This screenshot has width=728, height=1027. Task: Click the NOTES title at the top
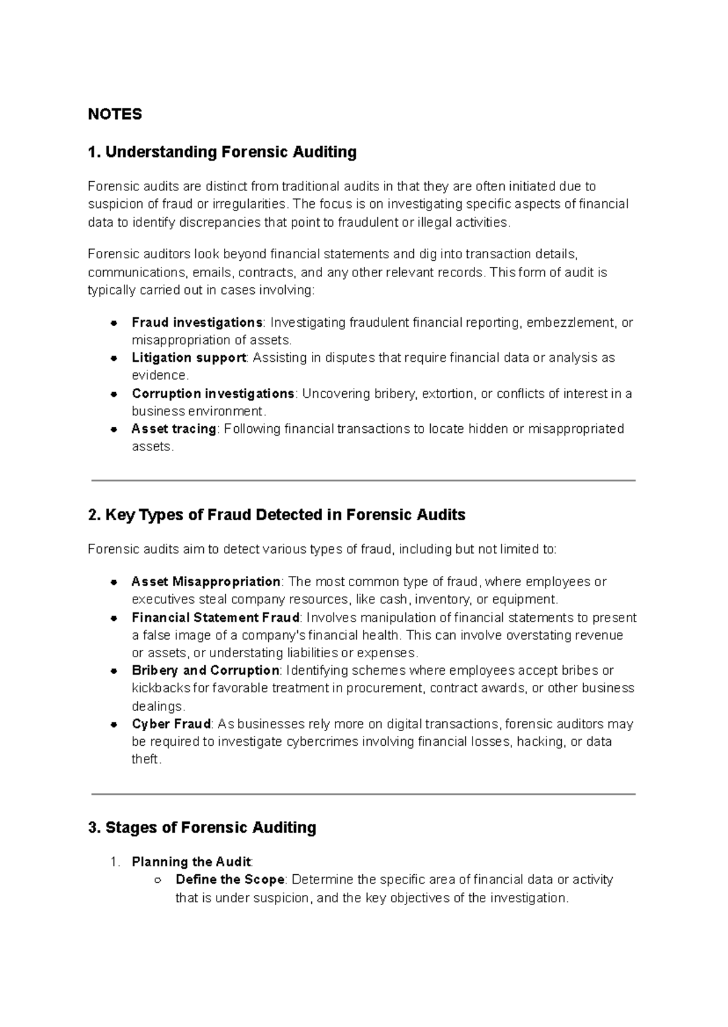(x=115, y=114)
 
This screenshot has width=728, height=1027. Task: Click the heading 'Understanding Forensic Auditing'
(x=222, y=152)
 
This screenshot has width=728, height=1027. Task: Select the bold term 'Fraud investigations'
(x=197, y=322)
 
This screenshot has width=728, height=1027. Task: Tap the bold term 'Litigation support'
(x=188, y=358)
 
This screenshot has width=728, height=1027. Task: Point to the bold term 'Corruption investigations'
(x=212, y=393)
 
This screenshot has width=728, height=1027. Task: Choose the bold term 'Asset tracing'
(x=174, y=429)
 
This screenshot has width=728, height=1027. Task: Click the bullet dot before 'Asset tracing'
(x=113, y=429)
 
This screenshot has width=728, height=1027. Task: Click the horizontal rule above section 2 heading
(x=363, y=480)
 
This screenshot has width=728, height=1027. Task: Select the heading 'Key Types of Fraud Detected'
(x=277, y=515)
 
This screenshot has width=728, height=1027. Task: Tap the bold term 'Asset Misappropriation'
(x=205, y=581)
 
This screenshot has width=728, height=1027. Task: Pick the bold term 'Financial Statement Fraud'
(x=215, y=617)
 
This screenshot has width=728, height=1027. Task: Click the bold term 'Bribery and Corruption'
(x=205, y=671)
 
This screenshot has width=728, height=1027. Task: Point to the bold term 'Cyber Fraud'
(x=170, y=724)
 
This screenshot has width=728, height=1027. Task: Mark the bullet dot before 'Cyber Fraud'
(x=113, y=724)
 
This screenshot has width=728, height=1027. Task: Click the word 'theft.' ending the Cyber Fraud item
(x=146, y=759)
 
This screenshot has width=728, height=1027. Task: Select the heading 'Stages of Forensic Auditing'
(x=202, y=828)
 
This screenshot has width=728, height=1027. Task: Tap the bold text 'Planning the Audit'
(x=190, y=861)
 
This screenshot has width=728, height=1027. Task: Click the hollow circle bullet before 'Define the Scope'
(x=157, y=880)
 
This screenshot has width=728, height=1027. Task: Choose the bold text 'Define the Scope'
(x=229, y=880)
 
